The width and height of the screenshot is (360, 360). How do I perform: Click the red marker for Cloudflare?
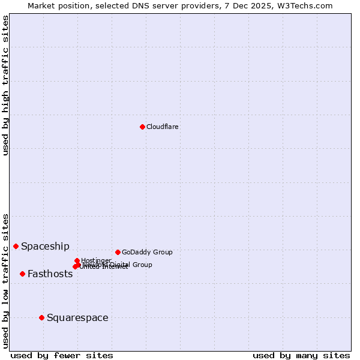(x=142, y=127)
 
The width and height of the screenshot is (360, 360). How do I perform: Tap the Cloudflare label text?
(x=163, y=127)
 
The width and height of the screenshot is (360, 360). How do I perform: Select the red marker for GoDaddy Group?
(x=118, y=252)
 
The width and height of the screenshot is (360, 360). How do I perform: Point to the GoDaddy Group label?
(x=147, y=252)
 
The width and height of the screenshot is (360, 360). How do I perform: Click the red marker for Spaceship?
(x=16, y=246)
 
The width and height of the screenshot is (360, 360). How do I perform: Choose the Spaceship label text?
(x=45, y=246)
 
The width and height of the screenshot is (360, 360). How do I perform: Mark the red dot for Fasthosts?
(x=22, y=274)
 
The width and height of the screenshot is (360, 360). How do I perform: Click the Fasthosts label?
(x=50, y=274)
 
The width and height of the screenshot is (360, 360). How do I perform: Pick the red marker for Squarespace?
(x=41, y=317)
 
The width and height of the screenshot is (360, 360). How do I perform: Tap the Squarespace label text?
(x=77, y=317)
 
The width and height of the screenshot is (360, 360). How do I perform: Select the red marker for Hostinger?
(x=77, y=260)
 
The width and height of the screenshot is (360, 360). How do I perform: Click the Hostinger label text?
(x=96, y=260)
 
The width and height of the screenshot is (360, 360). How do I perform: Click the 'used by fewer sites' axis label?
(x=62, y=355)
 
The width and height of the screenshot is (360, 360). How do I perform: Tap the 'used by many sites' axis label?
(x=301, y=355)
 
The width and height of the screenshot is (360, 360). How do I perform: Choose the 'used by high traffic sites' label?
(x=5, y=85)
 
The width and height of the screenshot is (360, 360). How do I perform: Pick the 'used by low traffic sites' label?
(x=5, y=280)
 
